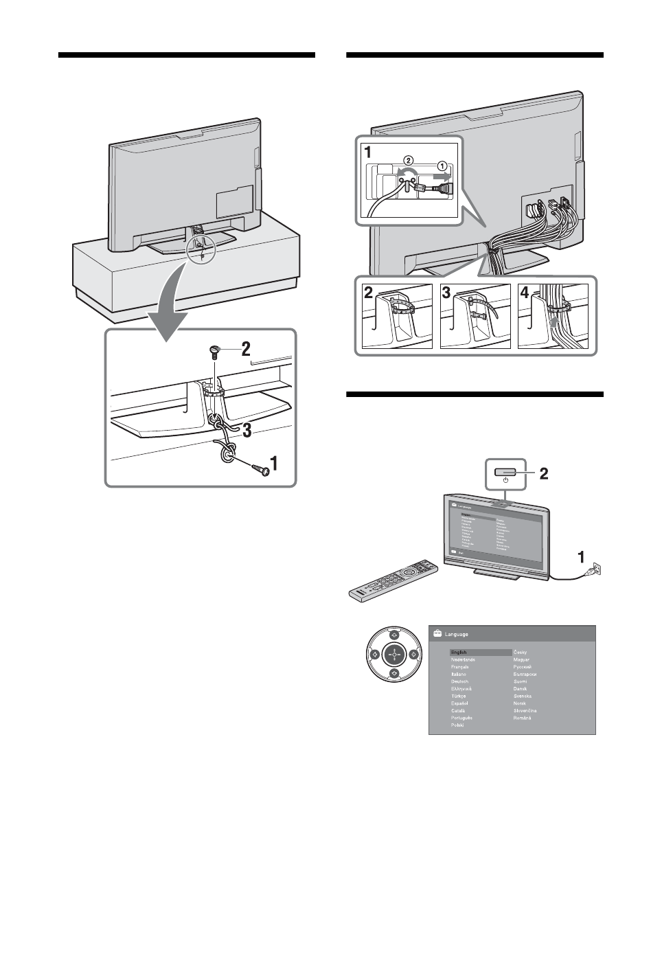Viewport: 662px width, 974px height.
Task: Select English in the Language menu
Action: click(459, 652)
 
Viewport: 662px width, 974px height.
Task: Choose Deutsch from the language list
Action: click(459, 681)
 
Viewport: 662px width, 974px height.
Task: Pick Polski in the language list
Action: click(457, 725)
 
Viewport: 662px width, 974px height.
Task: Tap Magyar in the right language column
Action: click(523, 659)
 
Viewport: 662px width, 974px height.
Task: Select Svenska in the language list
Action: click(523, 696)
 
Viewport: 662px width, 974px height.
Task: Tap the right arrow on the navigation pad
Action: click(413, 655)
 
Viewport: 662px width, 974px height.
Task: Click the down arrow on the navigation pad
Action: click(394, 674)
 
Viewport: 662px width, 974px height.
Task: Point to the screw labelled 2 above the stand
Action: click(214, 352)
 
